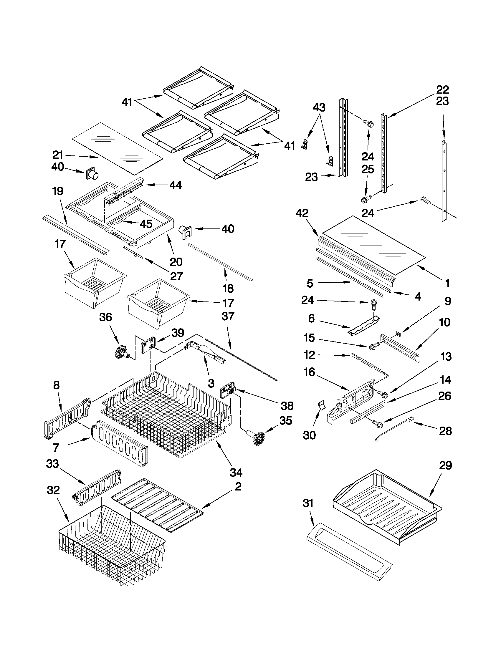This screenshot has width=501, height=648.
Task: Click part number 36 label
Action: coord(106,317)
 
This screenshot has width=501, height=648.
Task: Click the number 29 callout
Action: coord(445,465)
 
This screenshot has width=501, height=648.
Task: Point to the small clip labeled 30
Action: coord(321,405)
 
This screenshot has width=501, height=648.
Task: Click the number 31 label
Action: coord(308,503)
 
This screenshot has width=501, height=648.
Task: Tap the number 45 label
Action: coord(146,224)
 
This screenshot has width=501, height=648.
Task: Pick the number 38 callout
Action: coord(287,406)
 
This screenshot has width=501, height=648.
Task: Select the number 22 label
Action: coord(442,89)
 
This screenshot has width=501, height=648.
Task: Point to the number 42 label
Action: coord(302,213)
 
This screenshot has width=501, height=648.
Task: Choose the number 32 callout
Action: coord(53,490)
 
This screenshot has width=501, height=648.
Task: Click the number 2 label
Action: coord(238,486)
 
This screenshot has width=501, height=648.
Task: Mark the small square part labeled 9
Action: coord(399,334)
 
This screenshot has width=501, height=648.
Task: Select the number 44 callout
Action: coord(176,185)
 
